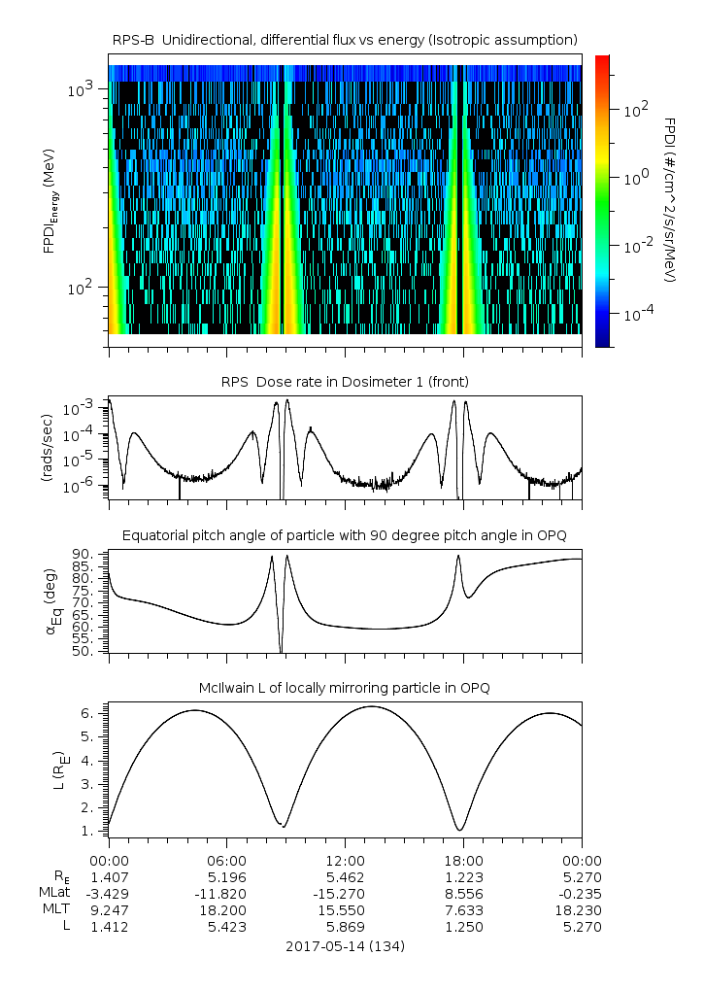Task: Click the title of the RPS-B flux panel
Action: pos(345,39)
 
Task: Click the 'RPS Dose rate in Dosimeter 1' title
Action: pos(345,382)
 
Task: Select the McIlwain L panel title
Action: pos(345,688)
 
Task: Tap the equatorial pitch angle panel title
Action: pos(345,535)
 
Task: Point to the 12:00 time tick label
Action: pos(345,860)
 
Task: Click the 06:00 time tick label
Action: pos(226,860)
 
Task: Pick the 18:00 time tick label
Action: pos(463,860)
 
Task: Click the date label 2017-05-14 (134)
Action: pos(345,945)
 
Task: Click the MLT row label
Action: pos(60,909)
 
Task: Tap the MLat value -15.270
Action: pos(345,893)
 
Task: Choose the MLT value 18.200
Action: pos(226,909)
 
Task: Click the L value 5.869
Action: pos(345,926)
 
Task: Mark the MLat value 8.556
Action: pos(463,893)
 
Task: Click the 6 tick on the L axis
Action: pos(95,713)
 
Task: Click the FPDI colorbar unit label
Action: pos(670,200)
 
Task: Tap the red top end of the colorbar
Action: pos(602,60)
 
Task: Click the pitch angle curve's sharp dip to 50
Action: pos(281,650)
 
